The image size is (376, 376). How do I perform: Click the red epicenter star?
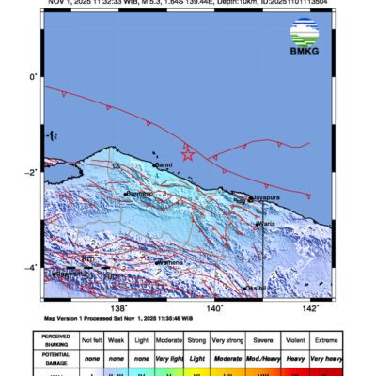(187, 154)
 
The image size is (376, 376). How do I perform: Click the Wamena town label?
(169, 262)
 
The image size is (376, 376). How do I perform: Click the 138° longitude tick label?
(118, 306)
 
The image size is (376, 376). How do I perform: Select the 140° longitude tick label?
(215, 306)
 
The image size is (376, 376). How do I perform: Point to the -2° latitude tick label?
(31, 172)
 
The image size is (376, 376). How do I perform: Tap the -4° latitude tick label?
(31, 268)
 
